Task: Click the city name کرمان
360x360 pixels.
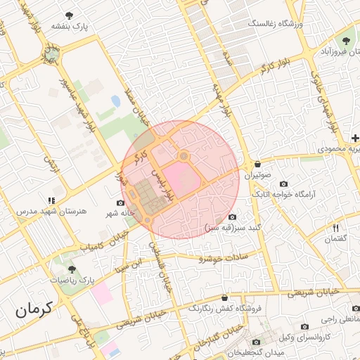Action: coord(34,308)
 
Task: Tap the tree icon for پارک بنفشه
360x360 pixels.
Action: coord(68,15)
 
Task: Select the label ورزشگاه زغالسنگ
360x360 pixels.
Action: coord(274,23)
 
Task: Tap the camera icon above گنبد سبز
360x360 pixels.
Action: coord(233,217)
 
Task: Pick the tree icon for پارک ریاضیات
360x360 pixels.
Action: coord(71,269)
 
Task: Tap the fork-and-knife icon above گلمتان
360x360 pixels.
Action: coord(336,228)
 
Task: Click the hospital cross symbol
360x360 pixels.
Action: coord(356,138)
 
